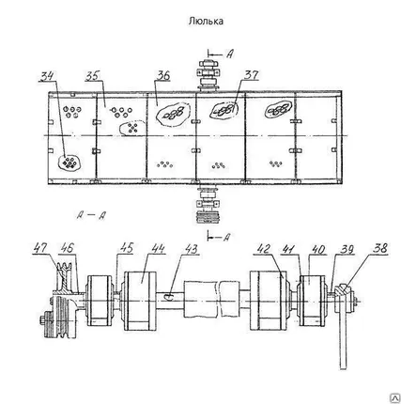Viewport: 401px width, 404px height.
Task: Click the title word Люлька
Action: [206, 22]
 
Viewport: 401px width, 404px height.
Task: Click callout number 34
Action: [48, 76]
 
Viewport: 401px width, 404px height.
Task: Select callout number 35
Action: [93, 76]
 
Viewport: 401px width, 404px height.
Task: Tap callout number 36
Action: [162, 75]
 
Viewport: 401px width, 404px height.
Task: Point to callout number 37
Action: [252, 74]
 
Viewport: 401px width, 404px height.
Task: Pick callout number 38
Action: [380, 248]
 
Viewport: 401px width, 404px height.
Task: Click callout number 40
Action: [318, 250]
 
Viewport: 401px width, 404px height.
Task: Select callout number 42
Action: [263, 249]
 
